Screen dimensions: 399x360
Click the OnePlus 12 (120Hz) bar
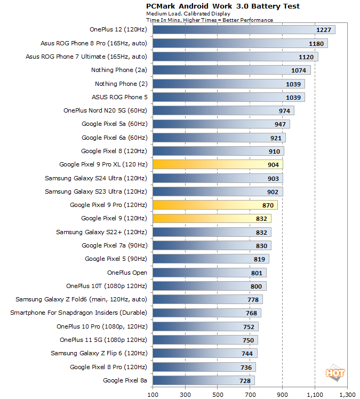point(244,30)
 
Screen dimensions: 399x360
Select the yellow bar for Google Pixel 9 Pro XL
point(218,165)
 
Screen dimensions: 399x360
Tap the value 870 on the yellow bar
point(268,205)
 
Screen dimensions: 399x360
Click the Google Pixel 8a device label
point(125,380)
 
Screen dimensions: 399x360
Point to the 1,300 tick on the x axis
point(347,395)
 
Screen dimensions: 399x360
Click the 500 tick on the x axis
point(218,395)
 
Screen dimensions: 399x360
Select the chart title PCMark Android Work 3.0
point(223,6)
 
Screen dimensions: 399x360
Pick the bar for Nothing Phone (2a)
point(231,70)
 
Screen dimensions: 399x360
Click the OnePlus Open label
point(127,273)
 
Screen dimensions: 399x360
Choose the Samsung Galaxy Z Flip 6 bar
point(205,353)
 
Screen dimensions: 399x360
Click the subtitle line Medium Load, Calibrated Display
point(181,14)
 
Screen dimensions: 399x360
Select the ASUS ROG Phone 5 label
point(120,97)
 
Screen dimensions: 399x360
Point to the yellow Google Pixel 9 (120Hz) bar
point(212,218)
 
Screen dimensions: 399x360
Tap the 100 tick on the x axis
point(153,395)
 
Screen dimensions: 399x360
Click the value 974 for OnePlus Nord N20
point(284,111)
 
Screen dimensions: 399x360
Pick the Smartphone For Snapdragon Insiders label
point(78,313)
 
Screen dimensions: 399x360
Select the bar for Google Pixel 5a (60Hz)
point(221,124)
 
